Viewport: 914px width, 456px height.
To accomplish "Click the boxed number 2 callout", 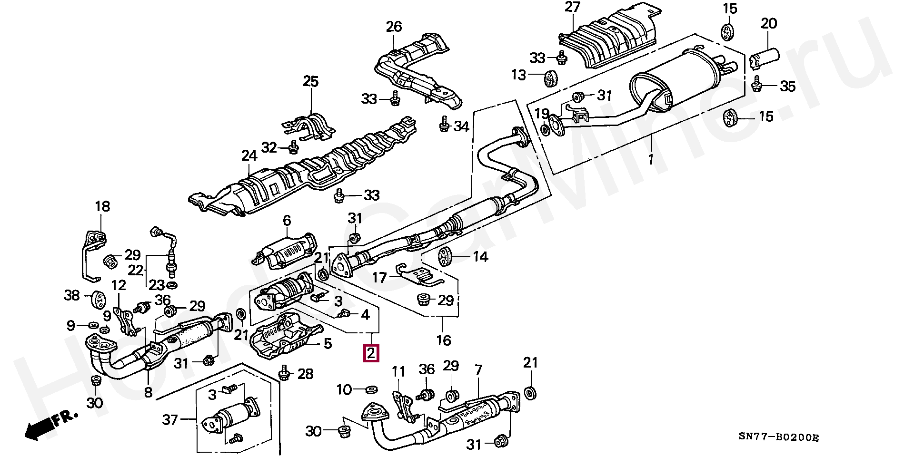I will click(371, 354).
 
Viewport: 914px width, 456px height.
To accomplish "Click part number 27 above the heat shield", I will click(573, 8).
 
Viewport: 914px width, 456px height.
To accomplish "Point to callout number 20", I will click(768, 24).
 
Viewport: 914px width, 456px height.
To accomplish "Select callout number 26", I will click(394, 27).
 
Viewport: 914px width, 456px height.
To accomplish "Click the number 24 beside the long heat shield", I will click(249, 155).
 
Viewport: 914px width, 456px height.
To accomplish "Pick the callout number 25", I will click(310, 82).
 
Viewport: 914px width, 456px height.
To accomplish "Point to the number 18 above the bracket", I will click(102, 206).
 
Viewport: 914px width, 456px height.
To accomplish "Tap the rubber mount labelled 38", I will click(98, 298).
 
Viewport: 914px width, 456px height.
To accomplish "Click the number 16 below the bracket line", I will click(443, 340).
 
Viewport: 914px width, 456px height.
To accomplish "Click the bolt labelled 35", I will click(755, 86).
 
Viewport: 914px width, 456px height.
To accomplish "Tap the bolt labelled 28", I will click(284, 374).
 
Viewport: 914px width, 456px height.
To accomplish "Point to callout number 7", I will click(478, 369).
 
